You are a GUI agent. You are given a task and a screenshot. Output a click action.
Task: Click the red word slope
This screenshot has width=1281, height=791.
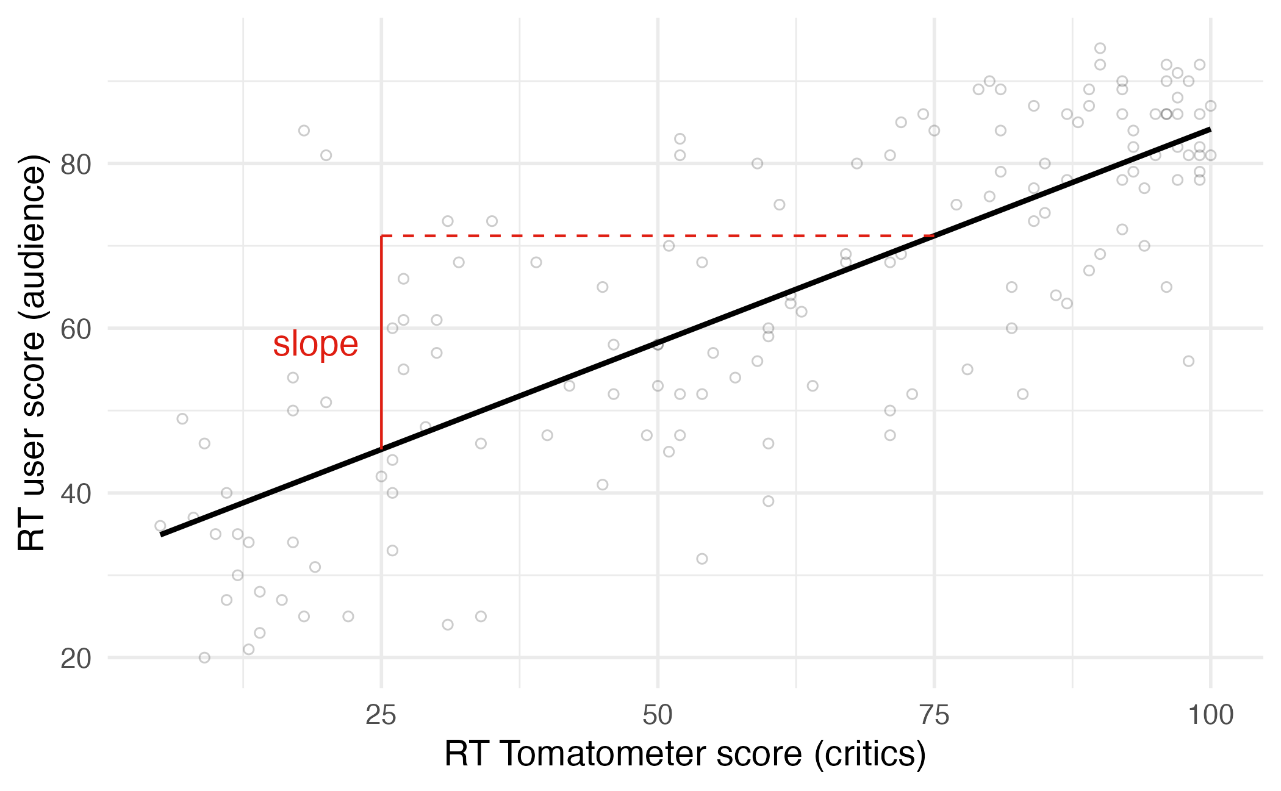point(315,344)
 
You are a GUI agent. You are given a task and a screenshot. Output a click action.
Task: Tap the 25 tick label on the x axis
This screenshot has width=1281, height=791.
point(381,715)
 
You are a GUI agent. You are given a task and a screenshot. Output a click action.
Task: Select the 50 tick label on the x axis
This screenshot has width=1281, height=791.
point(658,715)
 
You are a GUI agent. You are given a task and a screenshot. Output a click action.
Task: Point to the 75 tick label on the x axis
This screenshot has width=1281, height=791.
point(934,715)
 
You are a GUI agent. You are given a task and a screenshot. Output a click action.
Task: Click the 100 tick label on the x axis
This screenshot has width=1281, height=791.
point(1210,715)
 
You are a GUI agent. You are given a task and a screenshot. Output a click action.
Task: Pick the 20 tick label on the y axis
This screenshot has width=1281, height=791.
point(76,659)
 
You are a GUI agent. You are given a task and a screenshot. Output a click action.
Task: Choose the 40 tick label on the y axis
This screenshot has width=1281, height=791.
point(76,494)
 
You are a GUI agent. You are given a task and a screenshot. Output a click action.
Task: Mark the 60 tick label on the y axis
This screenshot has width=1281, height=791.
point(76,329)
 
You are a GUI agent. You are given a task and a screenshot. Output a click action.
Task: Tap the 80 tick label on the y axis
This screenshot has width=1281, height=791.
point(76,165)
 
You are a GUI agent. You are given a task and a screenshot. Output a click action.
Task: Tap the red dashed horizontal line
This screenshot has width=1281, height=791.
point(658,235)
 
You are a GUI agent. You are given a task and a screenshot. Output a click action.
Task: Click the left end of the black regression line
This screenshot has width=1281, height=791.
point(162,534)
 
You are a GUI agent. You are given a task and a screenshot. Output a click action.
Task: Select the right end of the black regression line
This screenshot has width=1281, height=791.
point(1210,129)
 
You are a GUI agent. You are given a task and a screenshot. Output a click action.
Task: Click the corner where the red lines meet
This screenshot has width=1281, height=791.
point(381,235)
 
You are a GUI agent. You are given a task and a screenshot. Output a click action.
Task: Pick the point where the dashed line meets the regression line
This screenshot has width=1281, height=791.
point(933,235)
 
